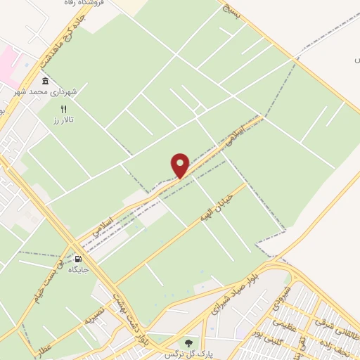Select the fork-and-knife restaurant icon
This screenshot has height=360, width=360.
64,109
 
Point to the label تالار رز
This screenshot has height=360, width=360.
63,121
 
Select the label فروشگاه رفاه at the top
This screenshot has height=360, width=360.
84,4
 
